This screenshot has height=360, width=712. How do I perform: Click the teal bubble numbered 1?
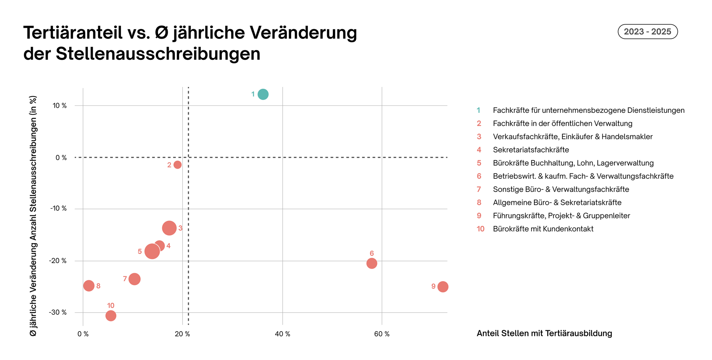pyautogui.click(x=263, y=94)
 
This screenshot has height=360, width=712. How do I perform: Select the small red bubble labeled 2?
pyautogui.click(x=177, y=165)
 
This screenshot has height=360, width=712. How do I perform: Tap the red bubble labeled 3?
pyautogui.click(x=169, y=228)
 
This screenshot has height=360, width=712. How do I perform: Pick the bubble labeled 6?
pyautogui.click(x=372, y=264)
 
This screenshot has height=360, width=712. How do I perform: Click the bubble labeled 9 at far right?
pyautogui.click(x=443, y=287)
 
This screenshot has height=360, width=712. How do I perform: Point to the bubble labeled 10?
pyautogui.click(x=111, y=316)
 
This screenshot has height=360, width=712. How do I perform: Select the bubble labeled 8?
pyautogui.click(x=89, y=286)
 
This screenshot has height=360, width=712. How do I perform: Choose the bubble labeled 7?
pyautogui.click(x=134, y=279)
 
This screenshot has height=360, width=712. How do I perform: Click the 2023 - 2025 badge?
pyautogui.click(x=647, y=32)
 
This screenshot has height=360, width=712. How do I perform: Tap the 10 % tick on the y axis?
pyautogui.click(x=59, y=106)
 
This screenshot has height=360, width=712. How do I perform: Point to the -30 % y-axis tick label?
pyautogui.click(x=58, y=313)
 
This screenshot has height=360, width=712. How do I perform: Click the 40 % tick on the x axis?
pyautogui.click(x=282, y=334)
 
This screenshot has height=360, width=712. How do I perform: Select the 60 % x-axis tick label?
pyautogui.click(x=382, y=334)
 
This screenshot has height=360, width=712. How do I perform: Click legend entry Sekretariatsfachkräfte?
pyautogui.click(x=531, y=150)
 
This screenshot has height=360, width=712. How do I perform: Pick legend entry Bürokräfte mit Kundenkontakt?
pyautogui.click(x=543, y=229)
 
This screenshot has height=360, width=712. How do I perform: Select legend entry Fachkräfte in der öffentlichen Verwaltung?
pyautogui.click(x=562, y=124)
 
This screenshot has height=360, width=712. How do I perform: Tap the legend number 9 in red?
pyautogui.click(x=479, y=216)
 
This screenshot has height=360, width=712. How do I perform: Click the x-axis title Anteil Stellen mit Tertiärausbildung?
pyautogui.click(x=544, y=334)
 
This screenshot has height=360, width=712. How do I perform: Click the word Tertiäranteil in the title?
pyautogui.click(x=73, y=33)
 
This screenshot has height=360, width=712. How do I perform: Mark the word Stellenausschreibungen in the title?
pyautogui.click(x=158, y=54)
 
